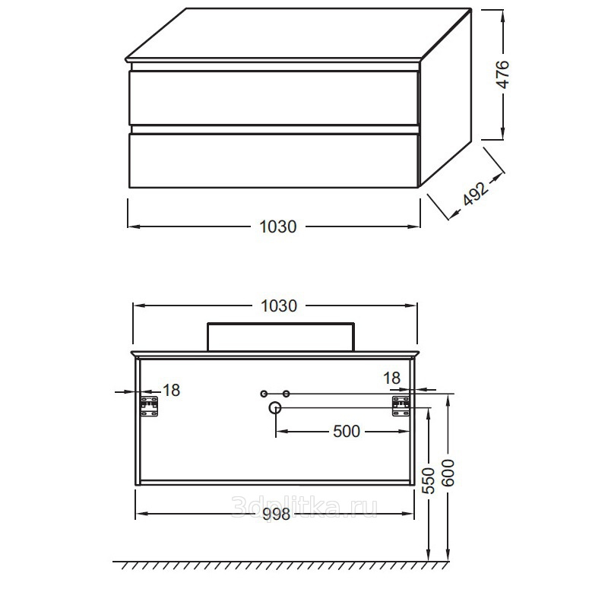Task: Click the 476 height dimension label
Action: pyautogui.click(x=502, y=74)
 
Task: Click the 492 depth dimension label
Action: pyautogui.click(x=476, y=193)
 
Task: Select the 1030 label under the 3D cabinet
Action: pyautogui.click(x=277, y=226)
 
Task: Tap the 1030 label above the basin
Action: pyautogui.click(x=279, y=306)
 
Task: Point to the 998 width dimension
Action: pyautogui.click(x=276, y=515)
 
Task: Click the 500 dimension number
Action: pyautogui.click(x=347, y=431)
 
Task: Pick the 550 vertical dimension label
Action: pyautogui.click(x=429, y=480)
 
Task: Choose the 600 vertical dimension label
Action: pyautogui.click(x=448, y=473)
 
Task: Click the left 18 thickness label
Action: pyautogui.click(x=172, y=391)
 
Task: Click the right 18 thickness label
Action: pyautogui.click(x=391, y=378)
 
